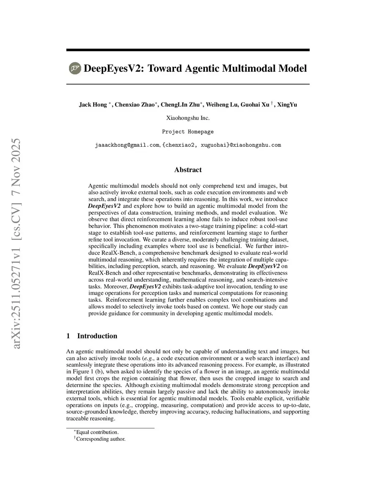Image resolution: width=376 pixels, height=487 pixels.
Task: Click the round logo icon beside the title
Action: tap(75, 68)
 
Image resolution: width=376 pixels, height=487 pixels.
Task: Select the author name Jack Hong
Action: tap(93, 105)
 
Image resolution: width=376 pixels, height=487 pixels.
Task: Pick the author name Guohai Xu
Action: tap(255, 105)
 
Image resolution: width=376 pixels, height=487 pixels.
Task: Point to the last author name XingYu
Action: tap(287, 105)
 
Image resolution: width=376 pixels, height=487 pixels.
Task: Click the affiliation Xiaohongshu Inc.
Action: tap(188, 118)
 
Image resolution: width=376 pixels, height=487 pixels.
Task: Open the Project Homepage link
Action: tap(188, 132)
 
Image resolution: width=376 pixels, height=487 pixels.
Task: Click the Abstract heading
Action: tap(188, 170)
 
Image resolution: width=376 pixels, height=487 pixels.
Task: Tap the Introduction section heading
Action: tap(97, 336)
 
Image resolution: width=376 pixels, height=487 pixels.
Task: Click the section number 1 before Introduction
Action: tap(68, 336)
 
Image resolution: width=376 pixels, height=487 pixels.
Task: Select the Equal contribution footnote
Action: tap(97, 432)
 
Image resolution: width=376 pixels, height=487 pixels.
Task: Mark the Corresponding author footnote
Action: tap(101, 439)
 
